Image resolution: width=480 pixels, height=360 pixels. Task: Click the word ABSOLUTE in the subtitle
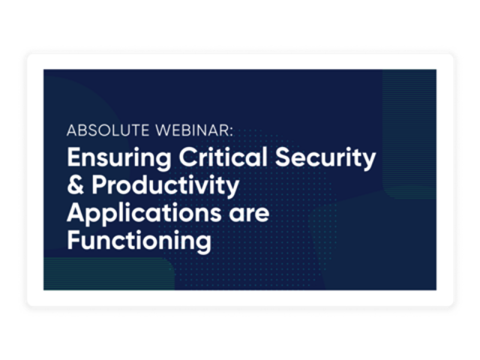click(108, 130)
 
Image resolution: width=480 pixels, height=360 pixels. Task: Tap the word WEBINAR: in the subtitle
click(194, 130)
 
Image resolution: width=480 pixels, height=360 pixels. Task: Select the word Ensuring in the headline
click(119, 158)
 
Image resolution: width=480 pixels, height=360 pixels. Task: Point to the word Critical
click(223, 157)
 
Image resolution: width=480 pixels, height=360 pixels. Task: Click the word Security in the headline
click(325, 158)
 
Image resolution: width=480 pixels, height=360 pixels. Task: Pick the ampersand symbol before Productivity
click(75, 184)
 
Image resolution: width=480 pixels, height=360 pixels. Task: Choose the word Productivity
click(165, 186)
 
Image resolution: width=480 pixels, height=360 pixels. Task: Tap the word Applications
click(144, 214)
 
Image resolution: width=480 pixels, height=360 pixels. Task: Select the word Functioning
click(139, 242)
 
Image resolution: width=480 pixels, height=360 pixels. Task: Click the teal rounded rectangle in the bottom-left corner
click(109, 273)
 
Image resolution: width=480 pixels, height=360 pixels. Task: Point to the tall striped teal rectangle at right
click(409, 134)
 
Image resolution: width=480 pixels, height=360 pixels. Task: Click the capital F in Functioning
click(73, 240)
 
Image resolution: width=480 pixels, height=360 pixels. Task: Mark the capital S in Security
click(283, 157)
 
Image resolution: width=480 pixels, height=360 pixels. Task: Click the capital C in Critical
click(188, 157)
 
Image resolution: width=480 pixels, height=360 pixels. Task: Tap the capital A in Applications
click(76, 213)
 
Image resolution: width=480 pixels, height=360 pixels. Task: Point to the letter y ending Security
click(370, 161)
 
